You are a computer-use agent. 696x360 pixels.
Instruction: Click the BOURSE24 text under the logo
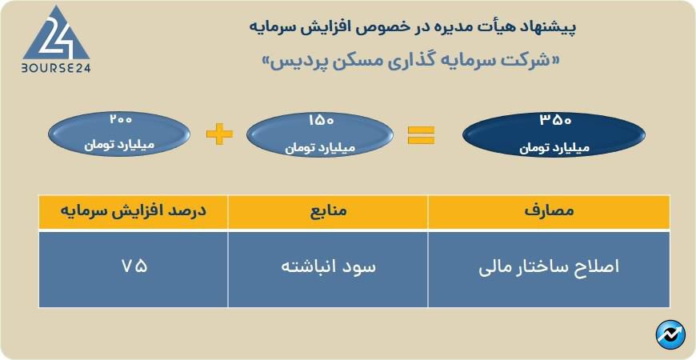[56, 68]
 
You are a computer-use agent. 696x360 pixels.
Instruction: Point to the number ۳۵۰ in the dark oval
[555, 121]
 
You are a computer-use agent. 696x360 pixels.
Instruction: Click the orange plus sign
[219, 134]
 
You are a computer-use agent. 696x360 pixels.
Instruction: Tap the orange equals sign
[422, 135]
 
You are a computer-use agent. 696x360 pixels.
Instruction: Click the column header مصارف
[549, 211]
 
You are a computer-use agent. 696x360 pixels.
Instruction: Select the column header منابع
[328, 211]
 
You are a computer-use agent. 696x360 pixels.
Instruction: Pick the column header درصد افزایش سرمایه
[133, 210]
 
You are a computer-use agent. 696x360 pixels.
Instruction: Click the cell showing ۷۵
[134, 266]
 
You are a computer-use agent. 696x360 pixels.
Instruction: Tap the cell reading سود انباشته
[329, 267]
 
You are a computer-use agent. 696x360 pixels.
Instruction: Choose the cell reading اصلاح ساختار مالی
[549, 268]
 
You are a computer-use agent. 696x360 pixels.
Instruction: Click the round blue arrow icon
[670, 334]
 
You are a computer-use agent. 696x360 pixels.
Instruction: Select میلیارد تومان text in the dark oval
[554, 147]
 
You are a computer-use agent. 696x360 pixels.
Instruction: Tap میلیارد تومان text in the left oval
[119, 146]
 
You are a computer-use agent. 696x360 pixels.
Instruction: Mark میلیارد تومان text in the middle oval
[320, 147]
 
